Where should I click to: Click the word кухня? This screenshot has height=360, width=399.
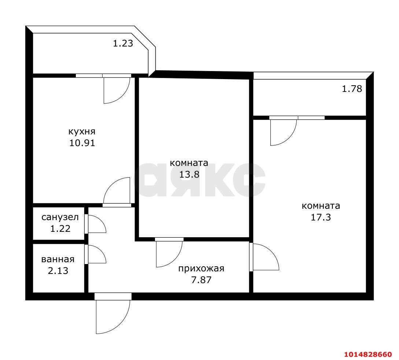[x=82, y=132]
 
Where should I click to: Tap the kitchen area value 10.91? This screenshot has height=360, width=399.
[x=82, y=143]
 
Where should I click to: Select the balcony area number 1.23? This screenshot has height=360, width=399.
[x=123, y=44]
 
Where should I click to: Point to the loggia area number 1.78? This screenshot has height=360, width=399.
[x=352, y=89]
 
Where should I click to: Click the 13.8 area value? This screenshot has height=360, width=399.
[x=189, y=174]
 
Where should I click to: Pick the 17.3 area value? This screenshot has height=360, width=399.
[x=321, y=217]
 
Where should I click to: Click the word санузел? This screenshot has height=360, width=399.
[x=60, y=217]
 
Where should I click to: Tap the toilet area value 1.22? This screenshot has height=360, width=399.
[x=60, y=229]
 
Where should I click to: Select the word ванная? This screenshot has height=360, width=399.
[x=58, y=259]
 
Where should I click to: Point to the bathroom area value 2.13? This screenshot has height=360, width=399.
[x=58, y=270]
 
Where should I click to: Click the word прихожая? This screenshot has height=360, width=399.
[x=201, y=268]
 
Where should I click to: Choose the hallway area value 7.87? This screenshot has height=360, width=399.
[x=201, y=280]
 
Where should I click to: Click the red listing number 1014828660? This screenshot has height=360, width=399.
[x=368, y=354]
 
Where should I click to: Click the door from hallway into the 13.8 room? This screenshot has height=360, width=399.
[x=176, y=260]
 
